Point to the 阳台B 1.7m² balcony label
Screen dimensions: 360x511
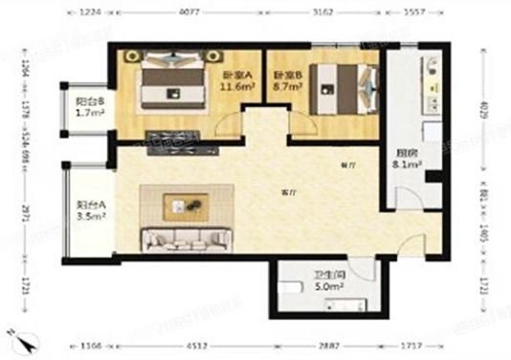(89, 105)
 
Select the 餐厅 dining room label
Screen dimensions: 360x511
(346, 165)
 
